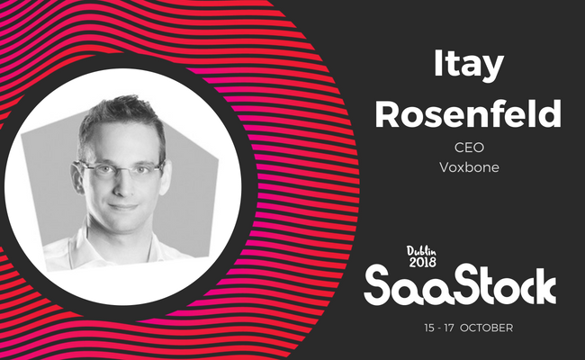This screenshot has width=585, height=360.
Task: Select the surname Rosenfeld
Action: [468, 113]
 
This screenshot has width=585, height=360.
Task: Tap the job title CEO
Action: [469, 148]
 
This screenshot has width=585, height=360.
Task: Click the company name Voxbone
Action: [469, 167]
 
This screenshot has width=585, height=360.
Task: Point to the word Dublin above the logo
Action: [421, 251]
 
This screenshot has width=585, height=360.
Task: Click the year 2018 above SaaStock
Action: [422, 262]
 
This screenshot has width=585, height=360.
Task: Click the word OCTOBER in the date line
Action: [487, 328]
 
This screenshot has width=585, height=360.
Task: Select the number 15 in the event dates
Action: [429, 328]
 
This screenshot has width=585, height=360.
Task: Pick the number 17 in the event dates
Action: [449, 328]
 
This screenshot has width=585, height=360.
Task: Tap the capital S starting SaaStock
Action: [378, 285]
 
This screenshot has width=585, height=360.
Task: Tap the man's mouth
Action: [123, 207]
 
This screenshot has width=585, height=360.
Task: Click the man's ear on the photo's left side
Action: [77, 177]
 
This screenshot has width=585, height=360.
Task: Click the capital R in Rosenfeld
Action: [386, 113]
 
